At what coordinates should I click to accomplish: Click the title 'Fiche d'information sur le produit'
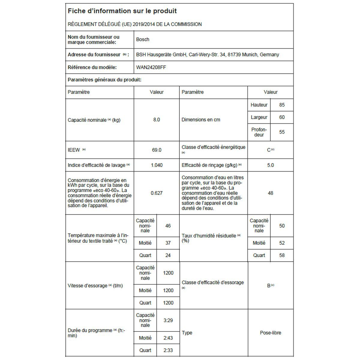(x=122, y=11)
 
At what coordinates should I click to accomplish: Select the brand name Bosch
(x=142, y=39)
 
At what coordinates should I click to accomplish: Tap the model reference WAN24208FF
(x=151, y=67)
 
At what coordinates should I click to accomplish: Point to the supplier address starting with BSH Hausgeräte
(x=207, y=55)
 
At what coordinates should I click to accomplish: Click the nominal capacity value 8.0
(x=157, y=120)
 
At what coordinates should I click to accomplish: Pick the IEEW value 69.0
(x=157, y=150)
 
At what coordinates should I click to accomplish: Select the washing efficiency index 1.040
(x=157, y=165)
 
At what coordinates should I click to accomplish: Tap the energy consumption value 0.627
(x=157, y=193)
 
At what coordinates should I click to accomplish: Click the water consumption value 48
(x=270, y=193)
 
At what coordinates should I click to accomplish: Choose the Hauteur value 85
(x=282, y=105)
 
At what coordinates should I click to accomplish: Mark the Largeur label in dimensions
(x=259, y=117)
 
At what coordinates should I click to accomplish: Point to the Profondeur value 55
(x=282, y=132)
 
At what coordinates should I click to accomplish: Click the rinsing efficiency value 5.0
(x=270, y=165)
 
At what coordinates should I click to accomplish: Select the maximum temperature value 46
(x=168, y=226)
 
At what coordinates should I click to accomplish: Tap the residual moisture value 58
(x=282, y=255)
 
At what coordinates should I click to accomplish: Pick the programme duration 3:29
(x=168, y=320)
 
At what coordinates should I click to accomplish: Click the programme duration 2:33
(x=168, y=350)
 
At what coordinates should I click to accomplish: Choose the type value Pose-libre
(x=270, y=333)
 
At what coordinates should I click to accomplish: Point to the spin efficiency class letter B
(x=269, y=286)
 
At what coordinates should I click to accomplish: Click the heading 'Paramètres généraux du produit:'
(x=104, y=80)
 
